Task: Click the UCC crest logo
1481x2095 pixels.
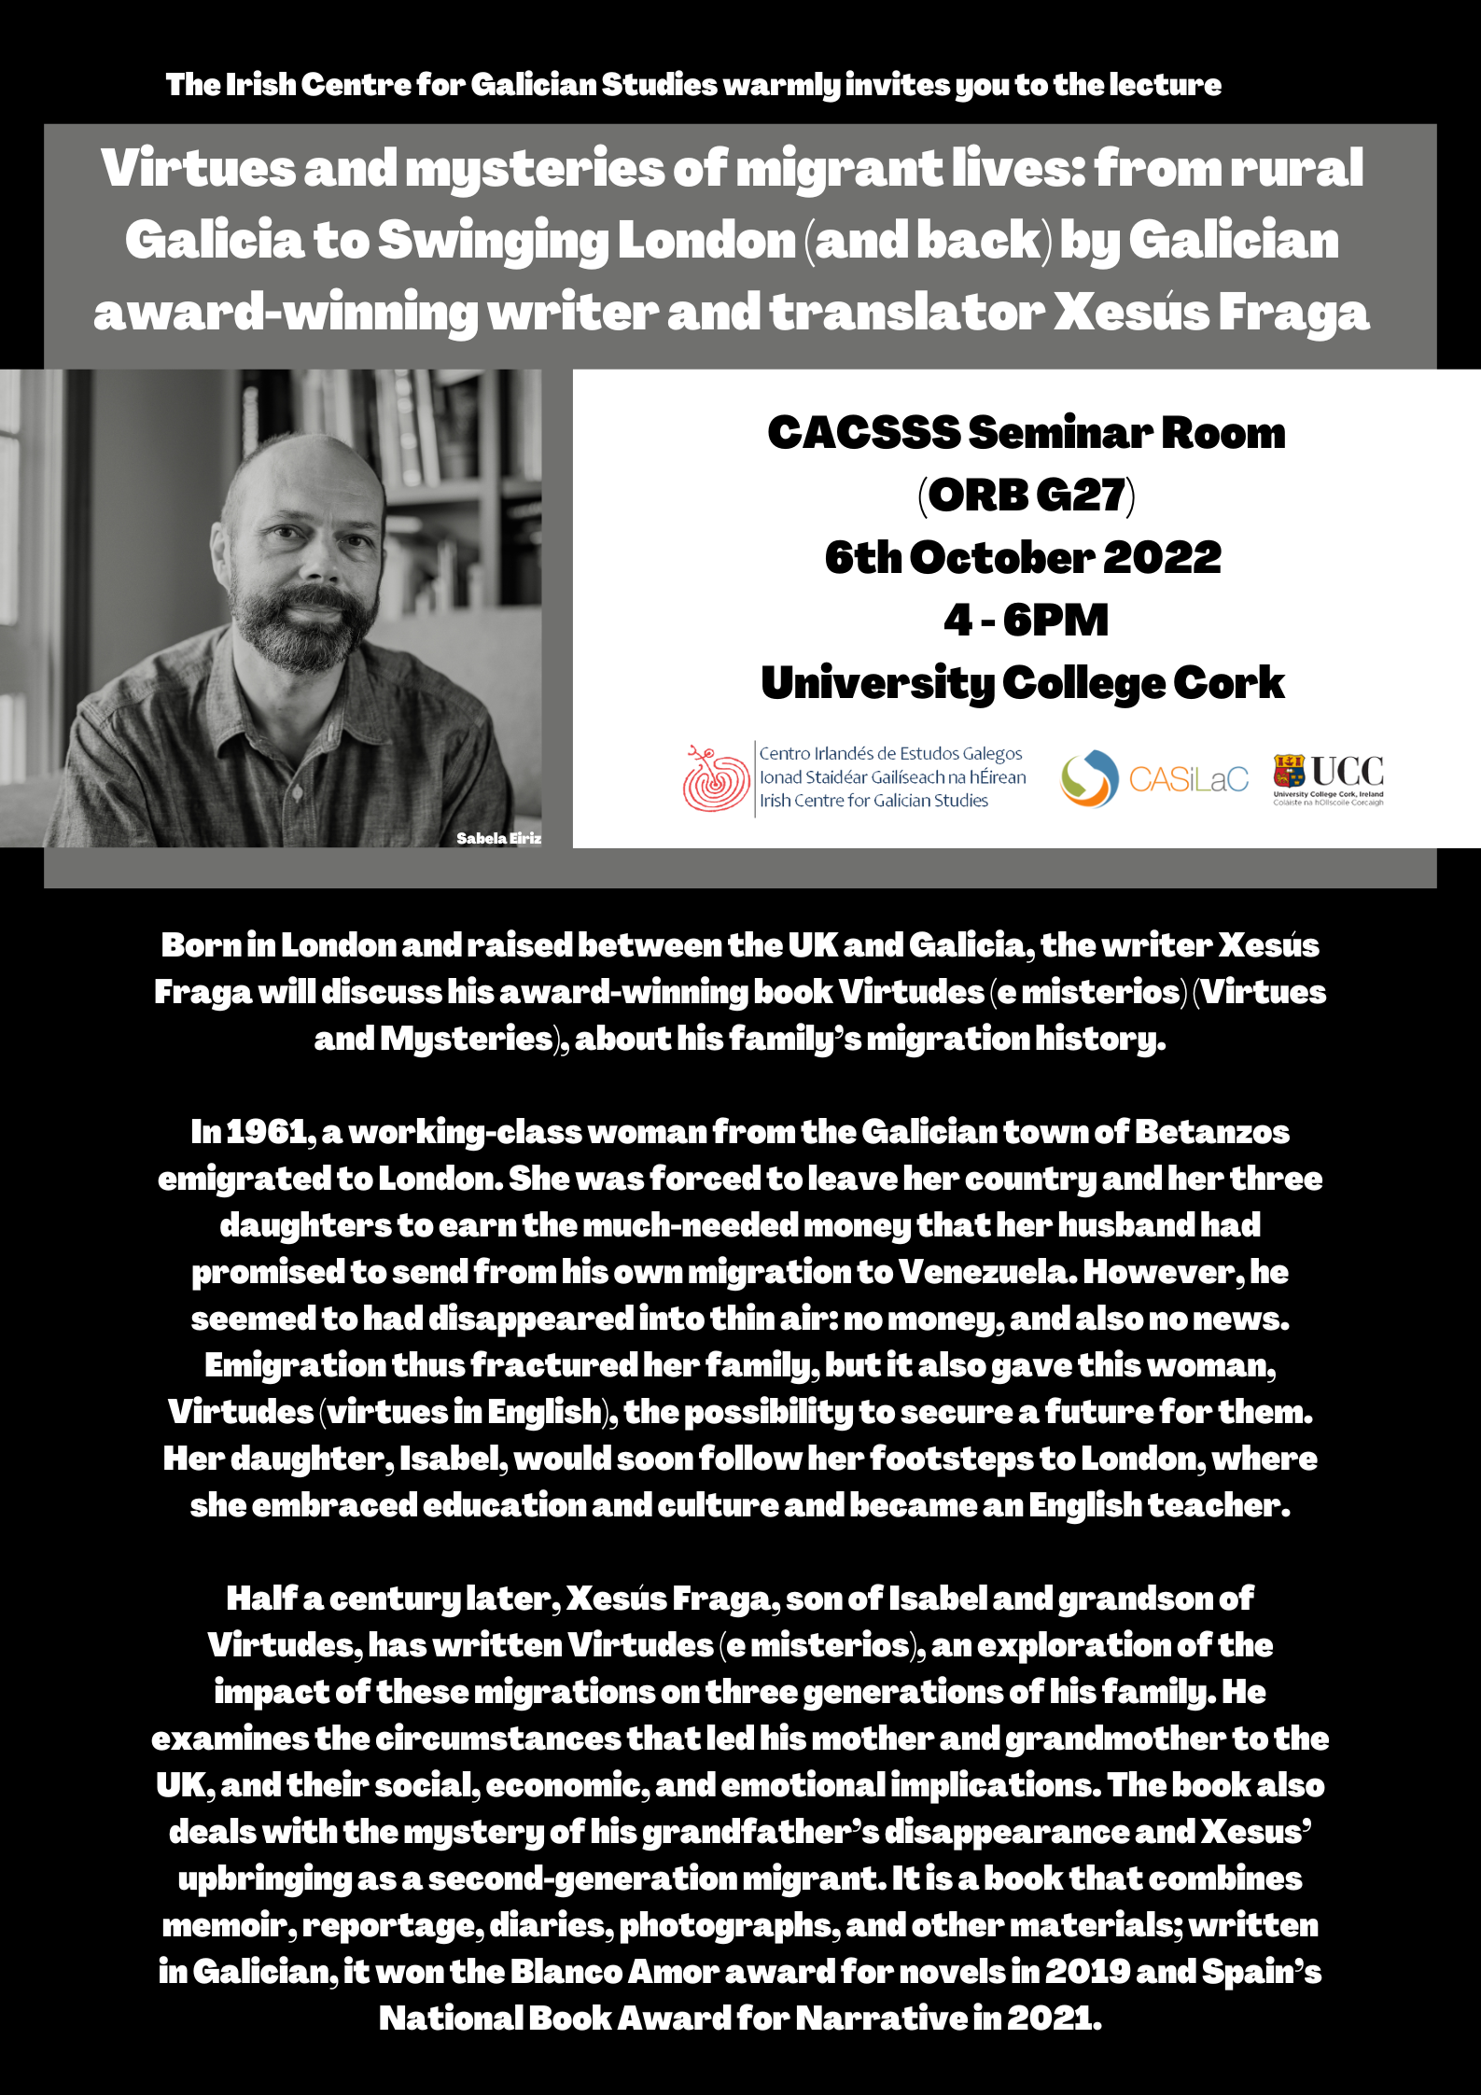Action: click(x=1289, y=771)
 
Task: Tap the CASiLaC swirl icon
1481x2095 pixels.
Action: click(x=1088, y=778)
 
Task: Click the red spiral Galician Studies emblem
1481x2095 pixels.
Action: click(x=716, y=778)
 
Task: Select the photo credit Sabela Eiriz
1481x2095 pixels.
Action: click(x=498, y=838)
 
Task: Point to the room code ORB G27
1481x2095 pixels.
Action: click(x=1027, y=495)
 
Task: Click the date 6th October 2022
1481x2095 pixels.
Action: click(x=1023, y=558)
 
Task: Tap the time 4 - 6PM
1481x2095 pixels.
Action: click(x=1026, y=621)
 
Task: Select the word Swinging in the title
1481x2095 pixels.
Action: click(x=493, y=241)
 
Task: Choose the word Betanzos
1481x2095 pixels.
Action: click(x=1211, y=1132)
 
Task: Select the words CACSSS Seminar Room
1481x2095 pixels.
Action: click(x=1026, y=433)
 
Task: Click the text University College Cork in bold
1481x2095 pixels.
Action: click(x=1023, y=683)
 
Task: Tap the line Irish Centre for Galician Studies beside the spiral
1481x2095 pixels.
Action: click(x=873, y=801)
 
